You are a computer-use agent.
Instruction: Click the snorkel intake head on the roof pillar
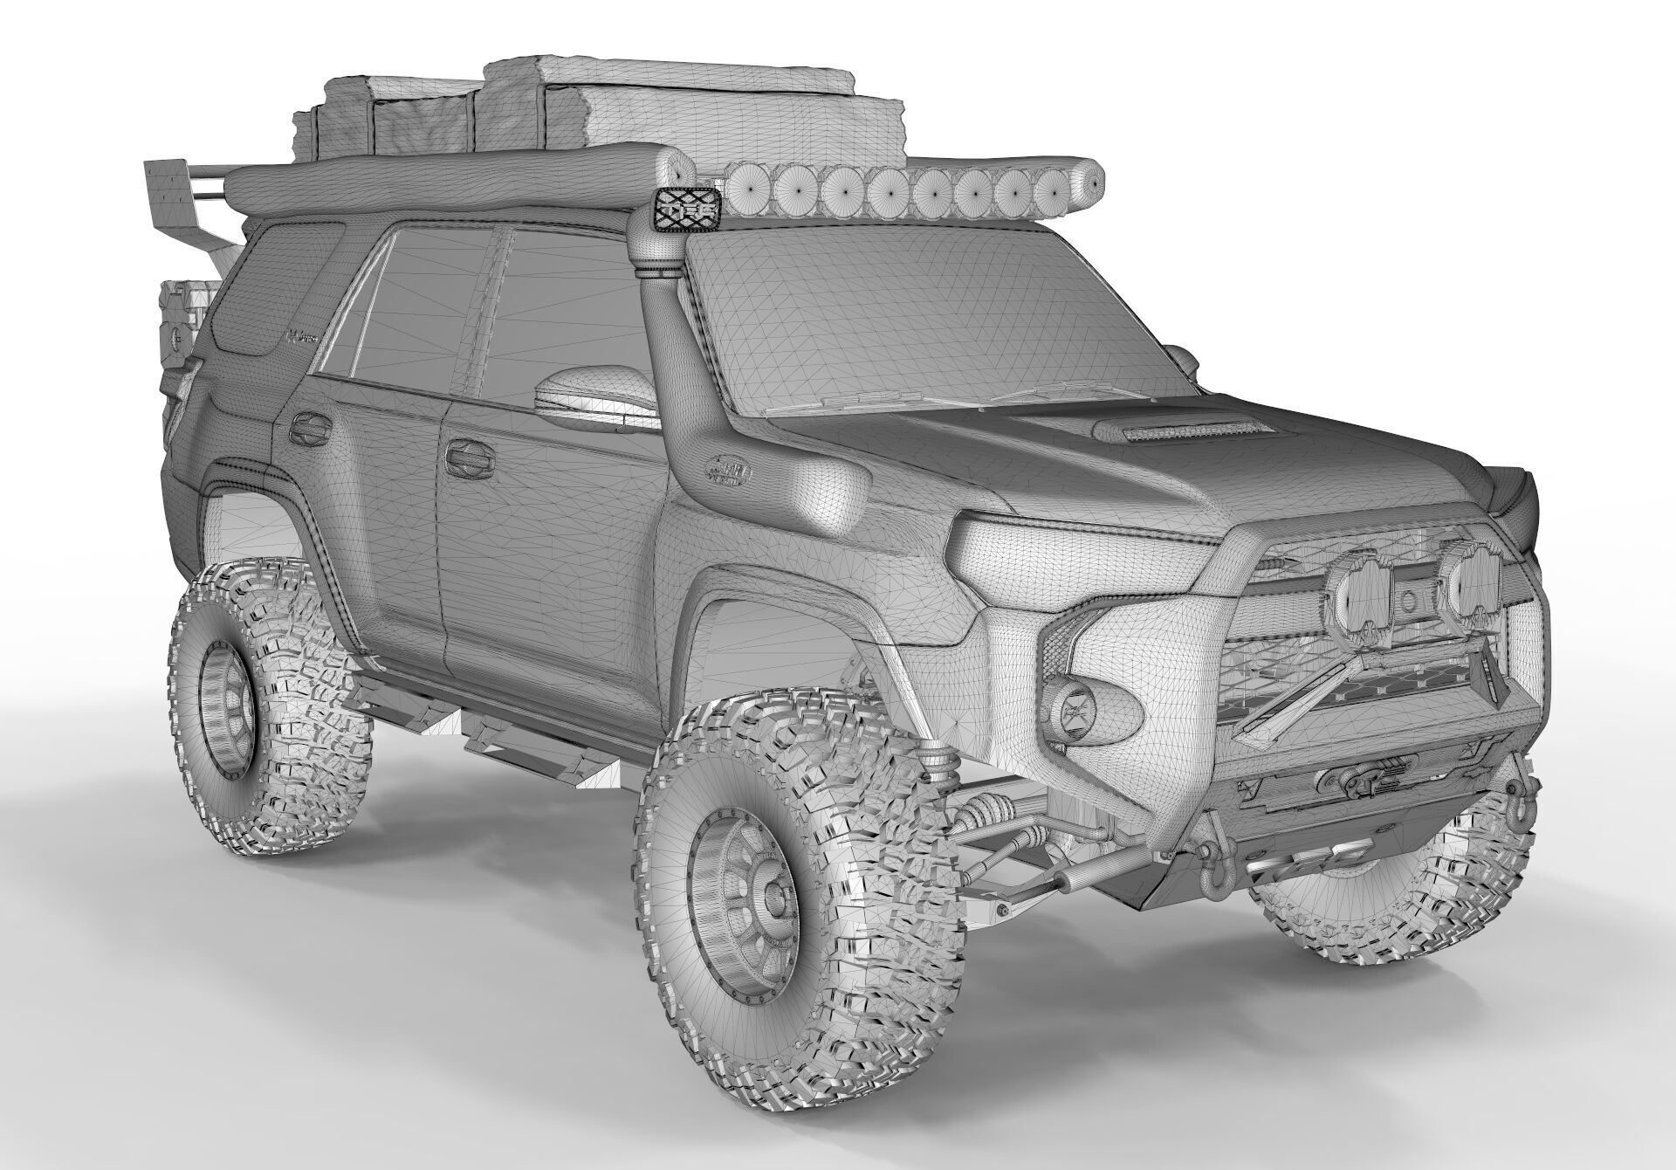pyautogui.click(x=685, y=209)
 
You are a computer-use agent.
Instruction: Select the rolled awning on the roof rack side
pyautogui.click(x=454, y=183)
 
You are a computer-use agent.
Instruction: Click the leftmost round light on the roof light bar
pyautogui.click(x=748, y=187)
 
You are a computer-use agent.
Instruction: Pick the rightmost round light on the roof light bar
pyautogui.click(x=1061, y=191)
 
